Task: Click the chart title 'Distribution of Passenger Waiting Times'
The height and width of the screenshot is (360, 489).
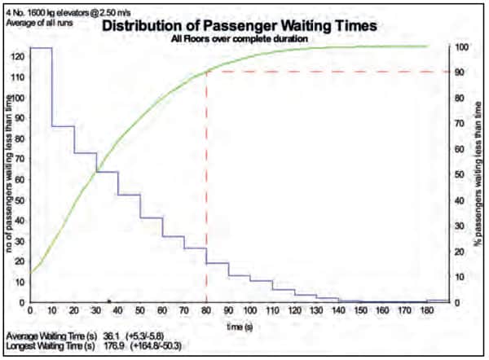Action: coord(239,25)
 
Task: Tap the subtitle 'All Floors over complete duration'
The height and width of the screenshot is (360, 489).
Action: coord(239,38)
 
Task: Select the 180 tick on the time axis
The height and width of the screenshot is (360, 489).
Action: coord(426,310)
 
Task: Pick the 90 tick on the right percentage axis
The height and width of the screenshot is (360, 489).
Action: coord(461,72)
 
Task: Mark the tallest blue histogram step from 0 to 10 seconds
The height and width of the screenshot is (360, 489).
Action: coord(41,48)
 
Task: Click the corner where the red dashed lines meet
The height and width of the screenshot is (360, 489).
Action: coord(206,72)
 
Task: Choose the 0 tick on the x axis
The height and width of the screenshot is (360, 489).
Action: coord(31,310)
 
